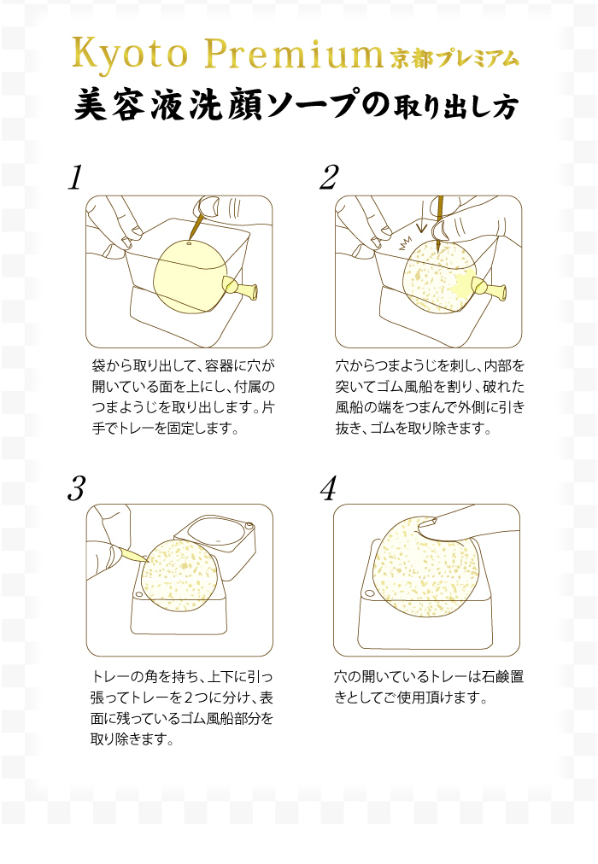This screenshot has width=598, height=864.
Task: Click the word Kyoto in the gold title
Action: coord(130,55)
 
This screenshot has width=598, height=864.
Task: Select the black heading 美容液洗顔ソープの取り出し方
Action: coord(296,105)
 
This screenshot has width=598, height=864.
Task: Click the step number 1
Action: coord(75,178)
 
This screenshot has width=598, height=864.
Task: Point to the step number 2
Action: coord(329,178)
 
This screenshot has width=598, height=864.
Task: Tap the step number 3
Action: coord(77,488)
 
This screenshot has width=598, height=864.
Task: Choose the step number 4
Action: coord(329,488)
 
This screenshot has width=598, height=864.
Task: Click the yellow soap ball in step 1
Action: coord(191,276)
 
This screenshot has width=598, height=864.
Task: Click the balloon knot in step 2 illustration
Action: coord(489,288)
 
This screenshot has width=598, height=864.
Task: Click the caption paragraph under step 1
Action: coord(183,397)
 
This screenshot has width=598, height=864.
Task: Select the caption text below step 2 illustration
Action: coord(430,397)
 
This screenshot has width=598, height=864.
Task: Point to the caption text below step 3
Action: coord(182,708)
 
